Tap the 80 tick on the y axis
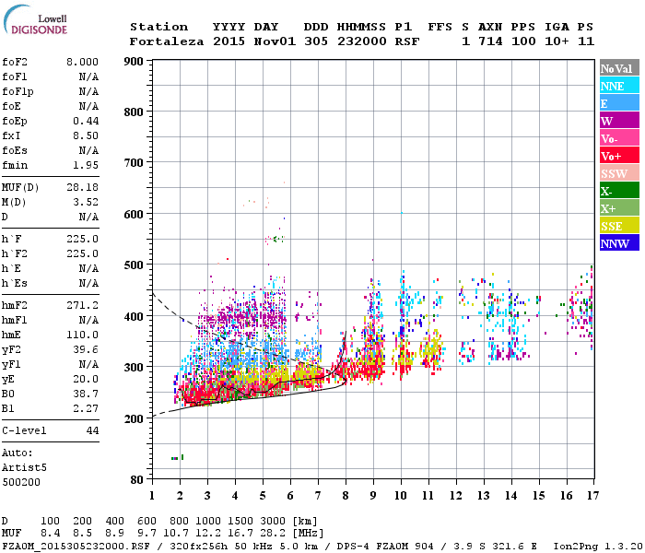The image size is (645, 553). (136, 480)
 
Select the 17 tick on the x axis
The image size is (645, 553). (592, 496)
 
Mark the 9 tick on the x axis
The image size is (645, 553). (372, 496)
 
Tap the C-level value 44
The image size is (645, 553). (92, 430)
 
